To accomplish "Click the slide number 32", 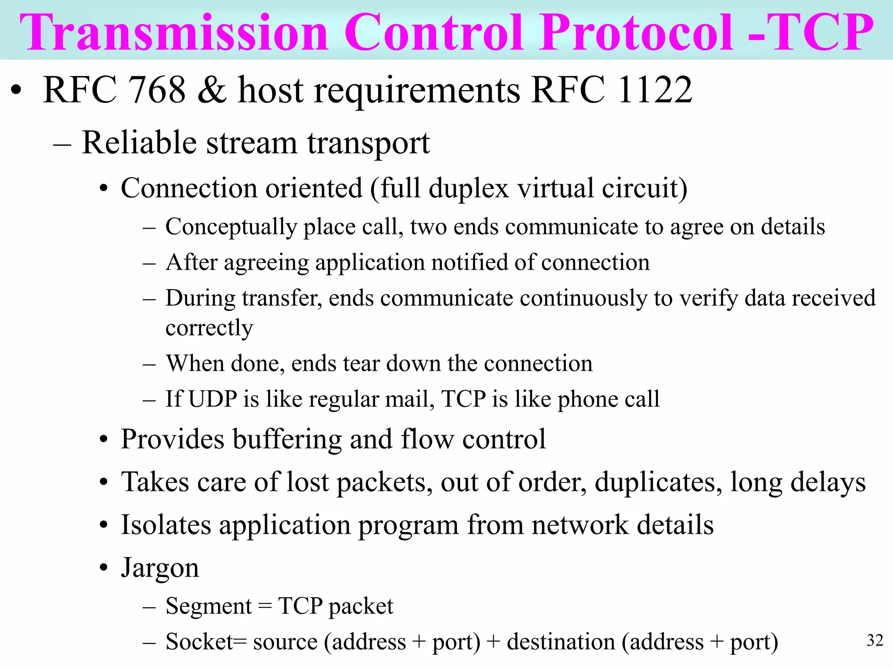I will [x=875, y=640].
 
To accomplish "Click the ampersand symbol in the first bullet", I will [x=212, y=90].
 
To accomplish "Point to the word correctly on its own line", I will [x=209, y=328].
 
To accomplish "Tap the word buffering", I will [x=287, y=439].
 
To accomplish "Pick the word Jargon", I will [x=160, y=568].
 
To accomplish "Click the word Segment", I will [x=208, y=606].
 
